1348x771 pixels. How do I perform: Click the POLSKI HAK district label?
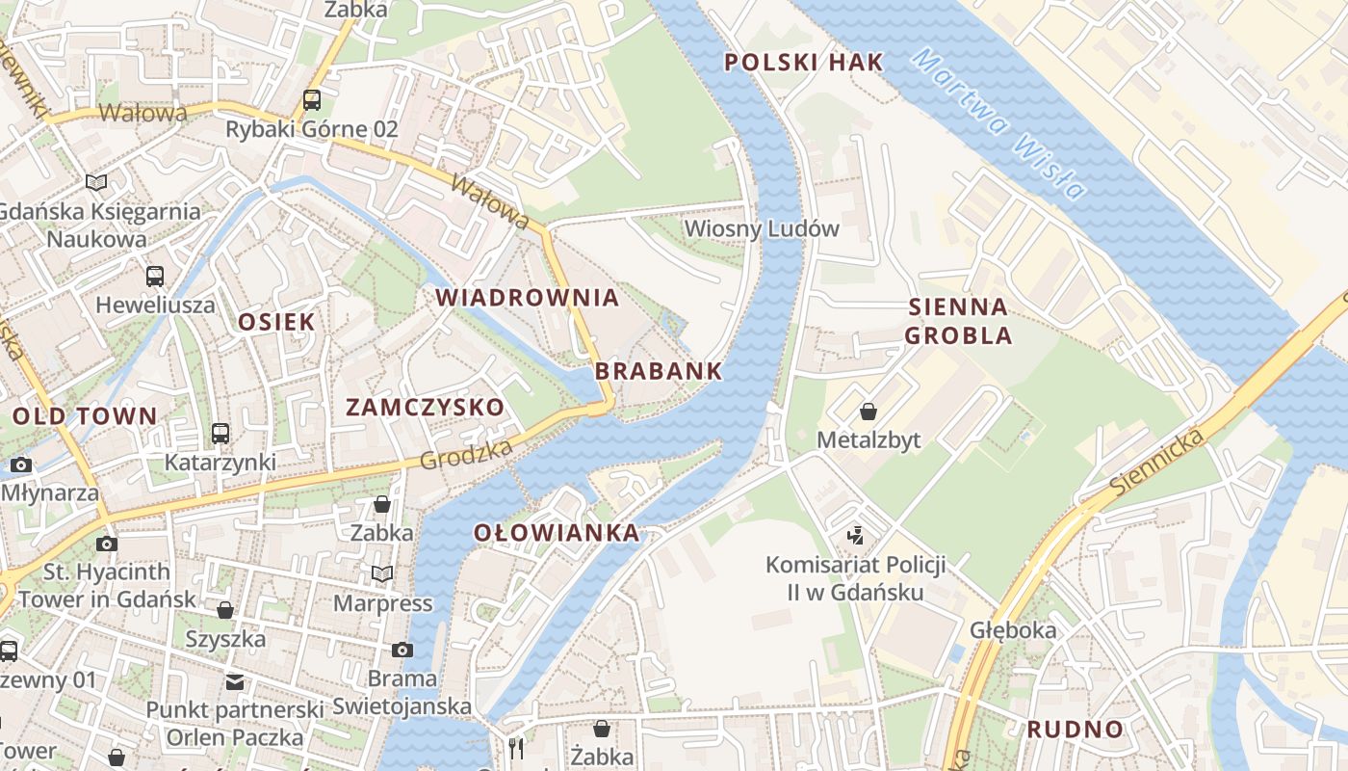click(x=803, y=63)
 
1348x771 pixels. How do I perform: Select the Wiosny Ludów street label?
click(x=762, y=229)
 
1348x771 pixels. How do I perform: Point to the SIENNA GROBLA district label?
click(x=958, y=322)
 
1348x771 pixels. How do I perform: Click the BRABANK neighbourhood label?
click(x=659, y=371)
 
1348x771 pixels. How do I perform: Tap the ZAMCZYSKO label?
click(x=425, y=408)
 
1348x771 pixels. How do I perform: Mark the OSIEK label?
click(x=276, y=322)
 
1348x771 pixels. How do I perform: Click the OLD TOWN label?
click(x=85, y=416)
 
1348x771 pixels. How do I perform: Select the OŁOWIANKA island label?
click(x=557, y=533)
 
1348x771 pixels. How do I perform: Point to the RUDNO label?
click(x=1075, y=730)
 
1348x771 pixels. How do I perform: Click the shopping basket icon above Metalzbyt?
click(x=868, y=412)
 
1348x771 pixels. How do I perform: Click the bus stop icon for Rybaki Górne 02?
click(x=311, y=99)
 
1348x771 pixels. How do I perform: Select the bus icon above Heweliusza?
click(x=155, y=277)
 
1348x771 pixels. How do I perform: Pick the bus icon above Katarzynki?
click(x=220, y=434)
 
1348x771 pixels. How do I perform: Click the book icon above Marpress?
click(x=382, y=574)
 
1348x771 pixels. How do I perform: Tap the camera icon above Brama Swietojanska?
click(x=402, y=651)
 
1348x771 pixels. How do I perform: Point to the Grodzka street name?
click(x=466, y=455)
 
